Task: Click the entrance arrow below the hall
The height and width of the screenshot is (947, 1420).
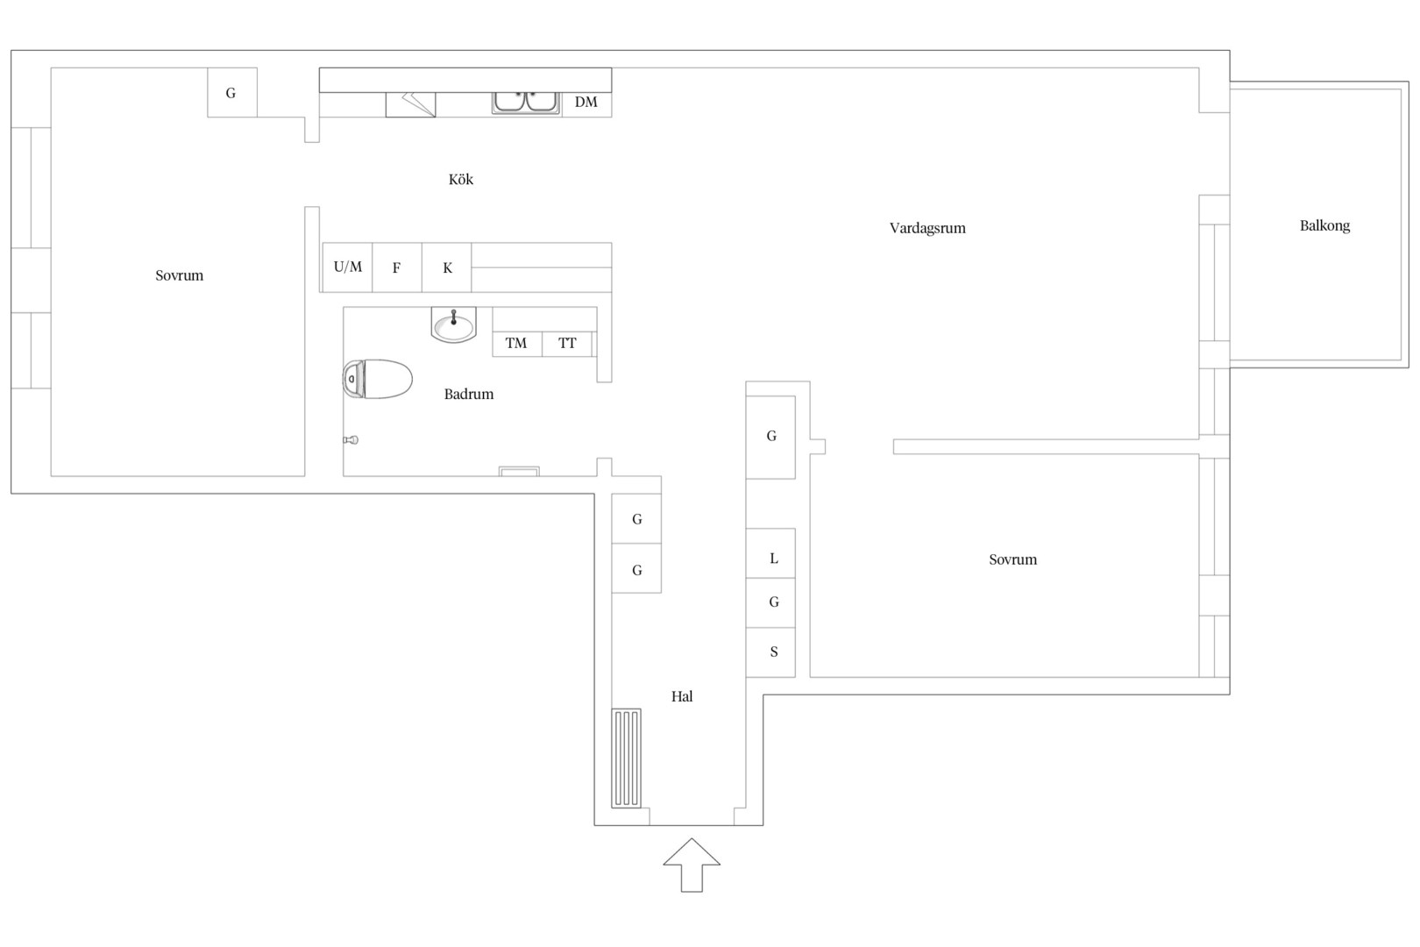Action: point(692,865)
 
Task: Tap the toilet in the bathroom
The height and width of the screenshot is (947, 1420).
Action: point(378,379)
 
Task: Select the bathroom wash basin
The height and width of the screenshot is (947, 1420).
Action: point(453,324)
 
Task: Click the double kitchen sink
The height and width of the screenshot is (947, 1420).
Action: point(526,103)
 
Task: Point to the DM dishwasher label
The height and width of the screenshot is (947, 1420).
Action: point(586,102)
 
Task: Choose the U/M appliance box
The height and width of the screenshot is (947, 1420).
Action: point(347,267)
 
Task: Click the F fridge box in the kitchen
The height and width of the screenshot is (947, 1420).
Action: point(397,267)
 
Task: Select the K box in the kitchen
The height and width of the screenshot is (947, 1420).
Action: point(446,267)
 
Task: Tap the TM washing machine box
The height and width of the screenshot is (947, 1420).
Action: point(517,344)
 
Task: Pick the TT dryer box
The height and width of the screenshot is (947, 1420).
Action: point(567,344)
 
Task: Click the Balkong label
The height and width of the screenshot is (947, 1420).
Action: point(1325,226)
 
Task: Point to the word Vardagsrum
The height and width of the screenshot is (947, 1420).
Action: point(927,228)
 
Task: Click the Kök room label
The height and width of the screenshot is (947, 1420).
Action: point(461,180)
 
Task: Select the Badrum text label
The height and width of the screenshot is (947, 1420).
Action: point(468,394)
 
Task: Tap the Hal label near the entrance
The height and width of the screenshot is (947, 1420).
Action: point(682,696)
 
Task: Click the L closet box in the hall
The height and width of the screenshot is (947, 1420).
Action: point(770,553)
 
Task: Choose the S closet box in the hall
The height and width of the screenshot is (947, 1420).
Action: point(770,652)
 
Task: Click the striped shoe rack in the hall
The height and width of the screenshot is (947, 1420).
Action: point(627,758)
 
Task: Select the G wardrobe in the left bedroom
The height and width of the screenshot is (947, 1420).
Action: point(232,93)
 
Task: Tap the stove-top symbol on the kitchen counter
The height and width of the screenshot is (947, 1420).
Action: point(411,104)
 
